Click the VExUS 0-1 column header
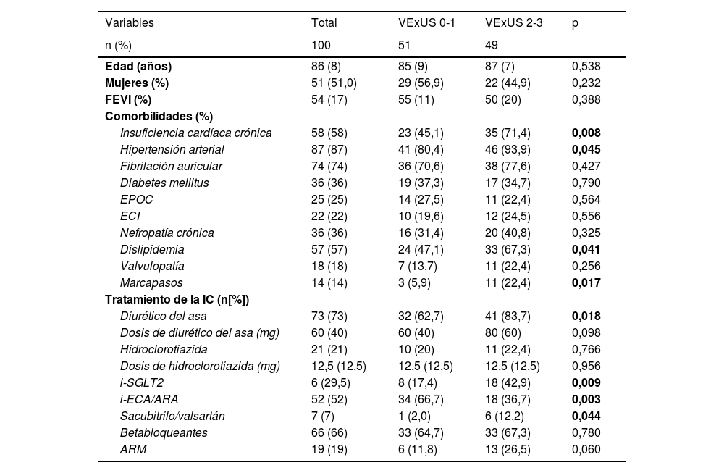426,23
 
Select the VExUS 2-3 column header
513,23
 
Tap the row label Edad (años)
138,66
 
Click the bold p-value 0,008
586,133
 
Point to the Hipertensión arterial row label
172,149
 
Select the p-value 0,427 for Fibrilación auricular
586,166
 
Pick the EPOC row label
137,199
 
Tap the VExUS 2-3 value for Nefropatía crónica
508,233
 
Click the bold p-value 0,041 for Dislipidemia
586,249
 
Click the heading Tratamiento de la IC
182,299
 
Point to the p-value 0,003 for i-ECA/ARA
586,399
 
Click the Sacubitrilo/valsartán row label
172,416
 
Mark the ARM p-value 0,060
586,449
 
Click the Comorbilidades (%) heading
159,116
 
